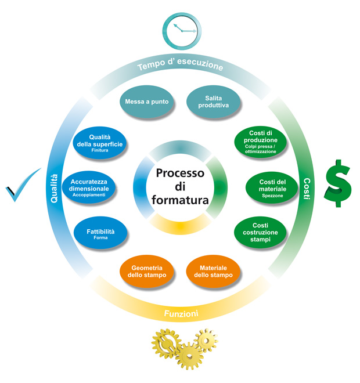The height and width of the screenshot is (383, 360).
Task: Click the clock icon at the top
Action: point(182,31)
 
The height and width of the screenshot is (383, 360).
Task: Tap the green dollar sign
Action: point(338,183)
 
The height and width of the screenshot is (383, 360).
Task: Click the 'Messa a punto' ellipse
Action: point(147,102)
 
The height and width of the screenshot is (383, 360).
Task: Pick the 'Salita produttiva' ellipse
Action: point(213,102)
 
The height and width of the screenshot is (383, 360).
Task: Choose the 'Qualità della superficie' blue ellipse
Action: point(100,143)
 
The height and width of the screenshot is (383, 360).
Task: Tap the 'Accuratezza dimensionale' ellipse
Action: point(89,187)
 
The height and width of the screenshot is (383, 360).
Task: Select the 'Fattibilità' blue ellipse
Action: point(100,233)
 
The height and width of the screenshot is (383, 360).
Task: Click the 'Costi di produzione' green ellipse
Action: point(260,142)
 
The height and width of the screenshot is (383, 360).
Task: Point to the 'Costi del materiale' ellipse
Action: point(272,188)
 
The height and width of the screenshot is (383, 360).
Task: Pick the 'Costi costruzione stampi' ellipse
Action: point(260,232)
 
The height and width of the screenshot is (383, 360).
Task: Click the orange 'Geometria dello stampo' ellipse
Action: point(147,272)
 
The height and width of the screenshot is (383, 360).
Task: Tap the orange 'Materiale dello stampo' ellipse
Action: point(213,272)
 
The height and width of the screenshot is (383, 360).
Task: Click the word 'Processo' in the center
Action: point(180,173)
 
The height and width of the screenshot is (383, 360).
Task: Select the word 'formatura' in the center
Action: point(180,200)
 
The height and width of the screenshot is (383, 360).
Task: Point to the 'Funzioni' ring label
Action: point(181,313)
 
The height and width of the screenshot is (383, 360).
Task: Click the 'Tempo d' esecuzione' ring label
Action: point(180,64)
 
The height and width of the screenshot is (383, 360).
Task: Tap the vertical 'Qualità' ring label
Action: point(54,189)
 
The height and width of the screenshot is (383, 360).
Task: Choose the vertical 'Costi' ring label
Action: point(307,189)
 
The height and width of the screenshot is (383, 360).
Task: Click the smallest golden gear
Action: point(206,340)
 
